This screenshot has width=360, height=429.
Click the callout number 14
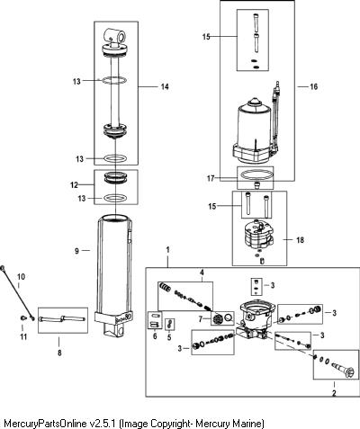tap(165, 87)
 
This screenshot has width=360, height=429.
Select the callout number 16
tap(313, 87)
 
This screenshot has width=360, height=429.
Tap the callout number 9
tap(76, 251)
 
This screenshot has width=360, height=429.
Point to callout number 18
tap(300, 240)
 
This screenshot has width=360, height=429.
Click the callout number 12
tap(74, 185)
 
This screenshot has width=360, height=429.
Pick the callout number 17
tap(211, 178)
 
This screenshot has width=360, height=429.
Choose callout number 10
tap(21, 277)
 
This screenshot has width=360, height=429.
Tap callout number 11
tap(23, 337)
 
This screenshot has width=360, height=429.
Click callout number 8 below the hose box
tap(59, 353)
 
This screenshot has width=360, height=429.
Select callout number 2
tap(334, 393)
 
